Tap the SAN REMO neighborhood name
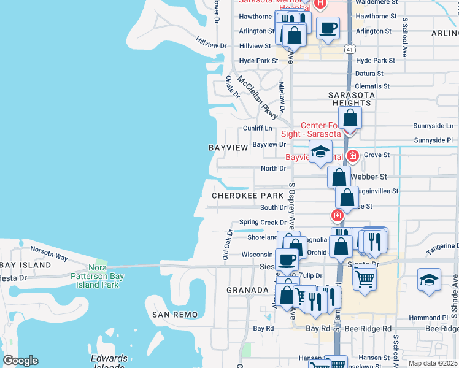coord(175,315)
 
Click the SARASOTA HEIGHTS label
coord(349,99)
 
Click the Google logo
coord(20,361)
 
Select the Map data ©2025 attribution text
coord(433,363)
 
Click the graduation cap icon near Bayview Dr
coord(320,151)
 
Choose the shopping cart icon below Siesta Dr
coord(364,278)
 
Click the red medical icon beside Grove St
coord(352,156)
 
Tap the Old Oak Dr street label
coord(228,245)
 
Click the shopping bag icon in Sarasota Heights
coord(350,117)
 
